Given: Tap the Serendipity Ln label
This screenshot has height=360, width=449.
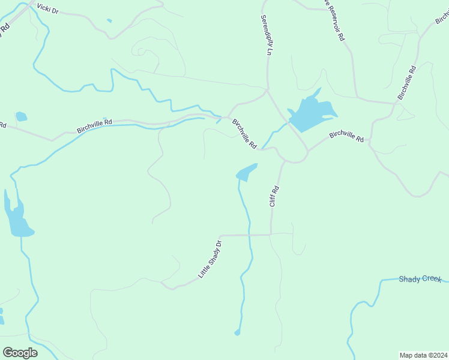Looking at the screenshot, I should [x=266, y=35].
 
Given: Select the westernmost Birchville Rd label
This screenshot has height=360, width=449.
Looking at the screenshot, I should [x=94, y=126].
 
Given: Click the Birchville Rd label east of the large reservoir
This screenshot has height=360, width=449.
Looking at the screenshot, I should [x=346, y=136].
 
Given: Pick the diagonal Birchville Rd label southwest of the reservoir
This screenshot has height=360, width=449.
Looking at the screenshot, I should [x=245, y=134].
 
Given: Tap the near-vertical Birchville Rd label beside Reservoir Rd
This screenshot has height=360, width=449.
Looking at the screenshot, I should [x=406, y=82].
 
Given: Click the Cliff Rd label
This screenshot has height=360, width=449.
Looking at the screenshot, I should [x=274, y=196].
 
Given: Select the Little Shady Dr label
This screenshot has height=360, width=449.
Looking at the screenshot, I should [x=210, y=259].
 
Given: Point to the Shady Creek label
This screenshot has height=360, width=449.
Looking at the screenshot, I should [x=420, y=279].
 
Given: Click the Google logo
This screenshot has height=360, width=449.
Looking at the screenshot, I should [x=20, y=352].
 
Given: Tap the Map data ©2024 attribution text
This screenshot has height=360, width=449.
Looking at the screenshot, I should [x=423, y=355].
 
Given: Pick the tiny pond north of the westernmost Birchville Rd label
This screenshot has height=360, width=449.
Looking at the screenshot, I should [x=21, y=116].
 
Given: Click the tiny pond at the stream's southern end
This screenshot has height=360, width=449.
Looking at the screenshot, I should [x=237, y=332].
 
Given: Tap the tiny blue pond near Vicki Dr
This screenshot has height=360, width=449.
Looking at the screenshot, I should [x=109, y=21].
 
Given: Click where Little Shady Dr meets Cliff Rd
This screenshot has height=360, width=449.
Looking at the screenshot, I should [x=271, y=235].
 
